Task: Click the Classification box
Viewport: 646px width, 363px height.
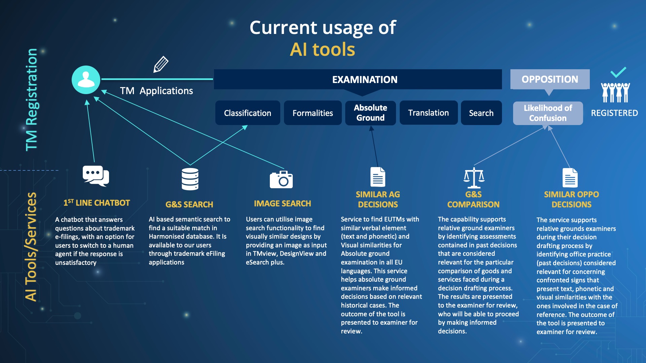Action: pyautogui.click(x=248, y=113)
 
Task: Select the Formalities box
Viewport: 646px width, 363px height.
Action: pyautogui.click(x=313, y=113)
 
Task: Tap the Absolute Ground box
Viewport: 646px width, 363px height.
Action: pyautogui.click(x=370, y=113)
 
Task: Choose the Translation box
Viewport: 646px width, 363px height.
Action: pyautogui.click(x=428, y=113)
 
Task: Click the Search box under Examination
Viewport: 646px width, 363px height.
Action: pyautogui.click(x=481, y=113)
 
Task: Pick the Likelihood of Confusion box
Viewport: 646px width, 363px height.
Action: pyautogui.click(x=548, y=113)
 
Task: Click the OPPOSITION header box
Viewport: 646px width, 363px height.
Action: pyautogui.click(x=550, y=79)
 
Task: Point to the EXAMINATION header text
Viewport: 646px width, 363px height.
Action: pyautogui.click(x=365, y=80)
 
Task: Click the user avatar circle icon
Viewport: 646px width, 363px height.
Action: pyautogui.click(x=86, y=80)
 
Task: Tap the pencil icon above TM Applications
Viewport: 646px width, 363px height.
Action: pyautogui.click(x=161, y=64)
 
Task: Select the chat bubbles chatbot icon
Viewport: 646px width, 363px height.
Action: pyautogui.click(x=96, y=176)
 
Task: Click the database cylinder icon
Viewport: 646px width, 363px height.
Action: pyautogui.click(x=190, y=179)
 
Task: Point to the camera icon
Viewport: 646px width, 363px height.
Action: pyautogui.click(x=281, y=179)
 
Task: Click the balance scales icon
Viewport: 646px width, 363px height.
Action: pyautogui.click(x=474, y=178)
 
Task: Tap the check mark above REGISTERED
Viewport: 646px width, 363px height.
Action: pyautogui.click(x=618, y=72)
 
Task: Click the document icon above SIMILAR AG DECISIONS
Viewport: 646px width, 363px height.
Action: pyautogui.click(x=378, y=177)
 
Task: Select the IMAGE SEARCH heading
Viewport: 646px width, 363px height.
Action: pyautogui.click(x=282, y=204)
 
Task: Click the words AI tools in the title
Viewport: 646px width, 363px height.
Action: pyautogui.click(x=322, y=50)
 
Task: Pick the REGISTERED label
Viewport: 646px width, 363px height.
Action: pyautogui.click(x=614, y=113)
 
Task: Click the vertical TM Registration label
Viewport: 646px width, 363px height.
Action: pyautogui.click(x=32, y=99)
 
